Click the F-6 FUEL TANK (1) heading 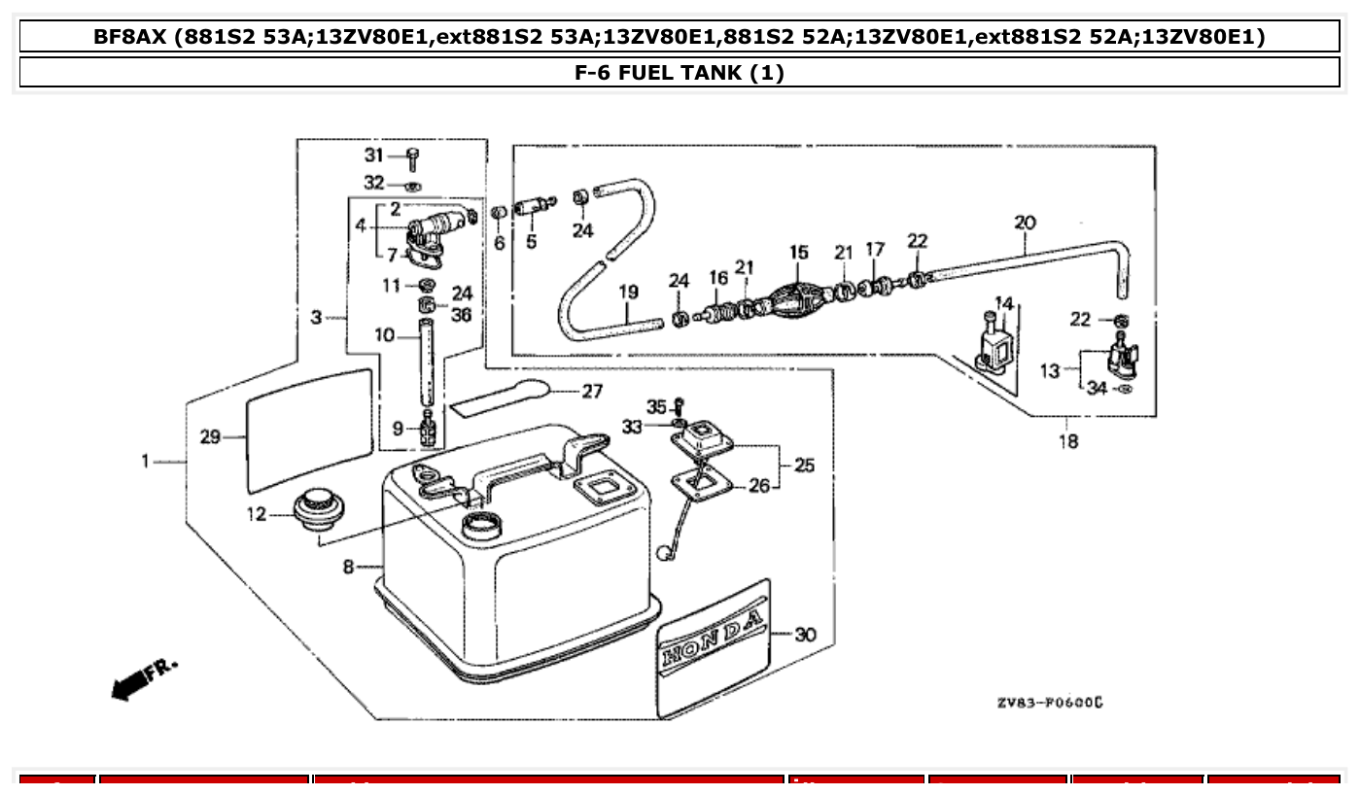[x=680, y=72]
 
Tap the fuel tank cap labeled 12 [x=315, y=510]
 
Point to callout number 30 [x=805, y=635]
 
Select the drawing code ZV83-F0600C [x=1049, y=702]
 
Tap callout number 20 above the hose [x=1025, y=223]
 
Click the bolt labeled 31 [x=413, y=158]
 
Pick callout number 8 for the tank [x=348, y=566]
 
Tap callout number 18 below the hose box [x=1067, y=442]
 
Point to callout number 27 [x=592, y=392]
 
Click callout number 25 [x=804, y=466]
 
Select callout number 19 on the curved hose [x=628, y=291]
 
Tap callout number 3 [x=316, y=317]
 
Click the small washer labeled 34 [x=1125, y=390]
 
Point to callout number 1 [x=146, y=461]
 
